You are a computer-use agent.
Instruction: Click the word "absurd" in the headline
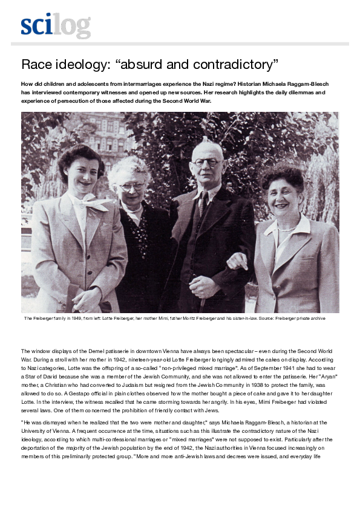(x=154, y=64)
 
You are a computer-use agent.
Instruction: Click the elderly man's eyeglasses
(x=206, y=162)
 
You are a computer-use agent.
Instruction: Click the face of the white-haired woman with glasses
(x=130, y=183)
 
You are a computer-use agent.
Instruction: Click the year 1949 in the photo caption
(x=74, y=318)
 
